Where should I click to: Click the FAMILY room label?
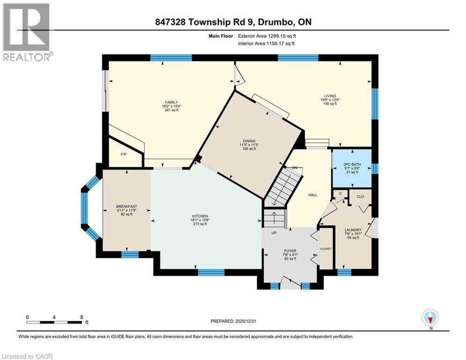(171, 102)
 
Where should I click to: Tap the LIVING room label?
(330, 96)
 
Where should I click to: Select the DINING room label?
(249, 141)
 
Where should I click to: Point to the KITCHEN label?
(200, 216)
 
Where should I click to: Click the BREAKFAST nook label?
(126, 206)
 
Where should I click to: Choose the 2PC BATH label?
(352, 164)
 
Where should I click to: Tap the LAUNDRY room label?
(353, 230)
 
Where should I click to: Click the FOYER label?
(290, 251)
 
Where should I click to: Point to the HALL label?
(313, 195)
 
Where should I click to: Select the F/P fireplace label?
(124, 154)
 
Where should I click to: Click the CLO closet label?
(361, 197)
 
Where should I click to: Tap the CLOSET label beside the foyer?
(326, 249)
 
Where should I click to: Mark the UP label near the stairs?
(274, 232)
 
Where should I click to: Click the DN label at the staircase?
(295, 168)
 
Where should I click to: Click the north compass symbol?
(430, 318)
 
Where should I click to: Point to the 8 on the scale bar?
(82, 317)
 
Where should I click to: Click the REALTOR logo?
(27, 32)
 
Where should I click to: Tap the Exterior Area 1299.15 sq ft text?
(267, 36)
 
